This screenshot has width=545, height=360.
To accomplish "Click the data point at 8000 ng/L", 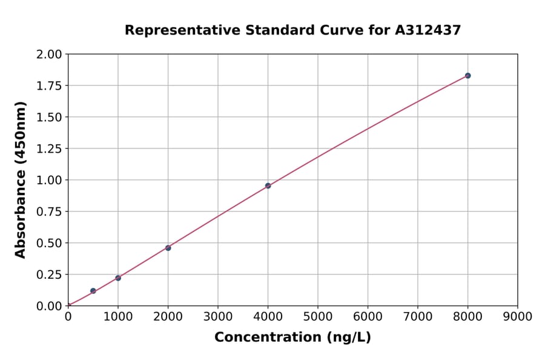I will (x=467, y=76).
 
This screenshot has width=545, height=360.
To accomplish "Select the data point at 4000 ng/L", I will (x=268, y=186).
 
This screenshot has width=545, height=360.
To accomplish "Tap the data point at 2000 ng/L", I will (x=168, y=248).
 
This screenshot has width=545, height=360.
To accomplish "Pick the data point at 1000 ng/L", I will (x=118, y=278).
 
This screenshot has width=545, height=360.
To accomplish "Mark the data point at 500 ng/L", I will (x=93, y=291).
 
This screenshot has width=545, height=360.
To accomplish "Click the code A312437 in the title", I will (x=428, y=30).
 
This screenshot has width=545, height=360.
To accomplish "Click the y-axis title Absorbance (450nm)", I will (x=21, y=180).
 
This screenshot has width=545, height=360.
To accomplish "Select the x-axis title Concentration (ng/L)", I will (x=292, y=338).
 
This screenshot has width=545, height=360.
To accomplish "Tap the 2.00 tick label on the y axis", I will (x=49, y=55).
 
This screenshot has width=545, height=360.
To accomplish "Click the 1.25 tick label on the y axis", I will (x=49, y=149).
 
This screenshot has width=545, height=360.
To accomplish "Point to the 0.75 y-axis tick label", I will (x=49, y=212).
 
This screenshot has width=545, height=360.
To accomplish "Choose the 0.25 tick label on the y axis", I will (x=49, y=275).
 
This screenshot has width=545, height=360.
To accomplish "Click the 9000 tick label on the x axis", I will (x=517, y=316).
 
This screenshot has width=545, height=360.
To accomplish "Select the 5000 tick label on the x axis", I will (x=317, y=316).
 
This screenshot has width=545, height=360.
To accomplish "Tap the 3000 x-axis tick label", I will (x=217, y=316).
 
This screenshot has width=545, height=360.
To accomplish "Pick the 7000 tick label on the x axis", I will (x=417, y=316).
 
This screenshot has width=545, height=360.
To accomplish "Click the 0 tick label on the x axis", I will (x=68, y=316).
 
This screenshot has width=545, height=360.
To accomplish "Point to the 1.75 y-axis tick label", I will (x=49, y=86).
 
